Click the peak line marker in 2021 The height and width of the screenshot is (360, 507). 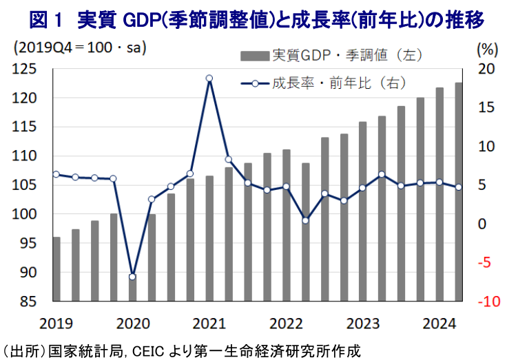(209, 78)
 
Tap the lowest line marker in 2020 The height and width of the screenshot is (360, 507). (132, 277)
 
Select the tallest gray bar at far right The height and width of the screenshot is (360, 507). (458, 192)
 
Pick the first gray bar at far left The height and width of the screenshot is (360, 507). (56, 269)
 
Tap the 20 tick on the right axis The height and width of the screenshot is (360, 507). (486, 69)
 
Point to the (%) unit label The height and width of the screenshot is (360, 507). (486, 49)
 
